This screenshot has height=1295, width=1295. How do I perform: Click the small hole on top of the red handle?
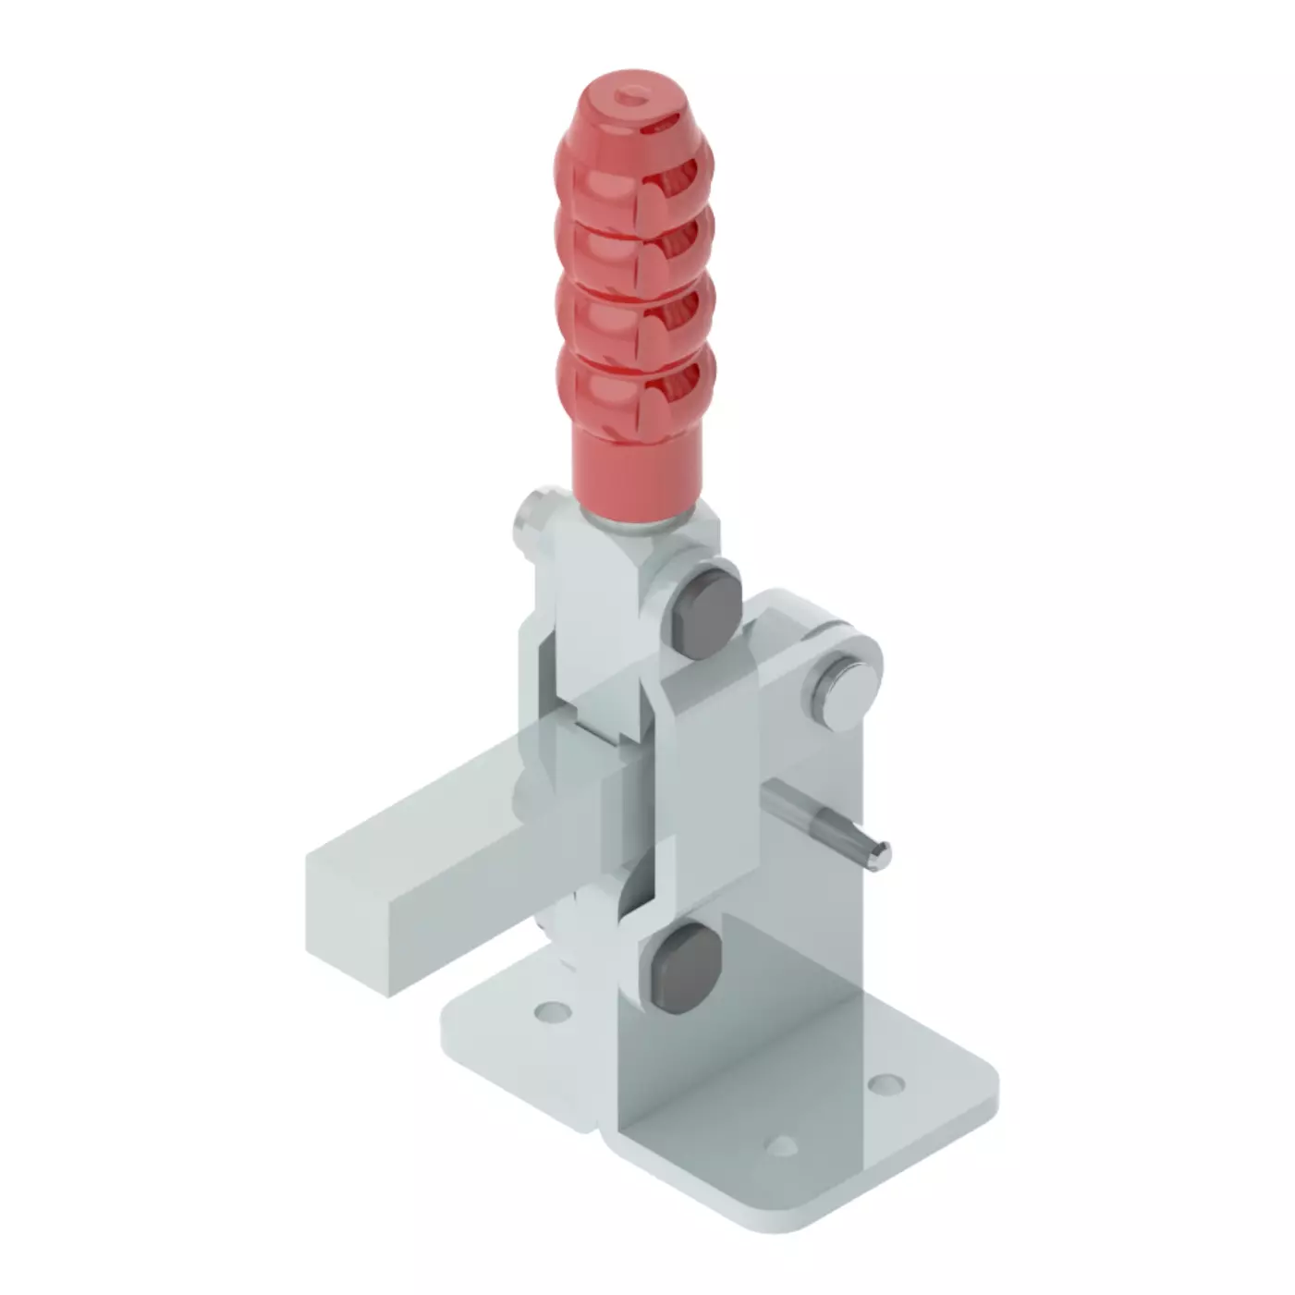coord(635,92)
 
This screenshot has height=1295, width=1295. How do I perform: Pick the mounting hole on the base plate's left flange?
coord(552,1011)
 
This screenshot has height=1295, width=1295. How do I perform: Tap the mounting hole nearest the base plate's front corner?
coord(782,1146)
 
